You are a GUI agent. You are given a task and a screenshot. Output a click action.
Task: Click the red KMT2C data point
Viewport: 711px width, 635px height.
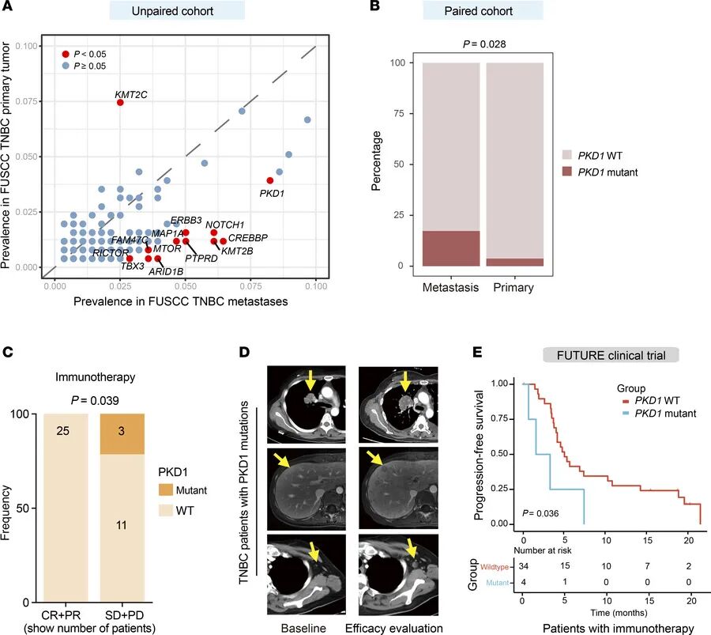pyautogui.click(x=120, y=102)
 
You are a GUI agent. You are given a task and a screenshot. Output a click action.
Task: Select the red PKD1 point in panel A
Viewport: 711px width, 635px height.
pyautogui.click(x=270, y=180)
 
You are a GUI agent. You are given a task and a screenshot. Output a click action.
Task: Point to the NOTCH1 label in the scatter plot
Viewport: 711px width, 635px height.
pyautogui.click(x=225, y=225)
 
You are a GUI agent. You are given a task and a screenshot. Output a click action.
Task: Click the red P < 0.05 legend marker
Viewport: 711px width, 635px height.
pyautogui.click(x=65, y=53)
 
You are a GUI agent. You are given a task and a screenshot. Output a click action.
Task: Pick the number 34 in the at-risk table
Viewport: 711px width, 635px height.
pyautogui.click(x=524, y=565)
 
